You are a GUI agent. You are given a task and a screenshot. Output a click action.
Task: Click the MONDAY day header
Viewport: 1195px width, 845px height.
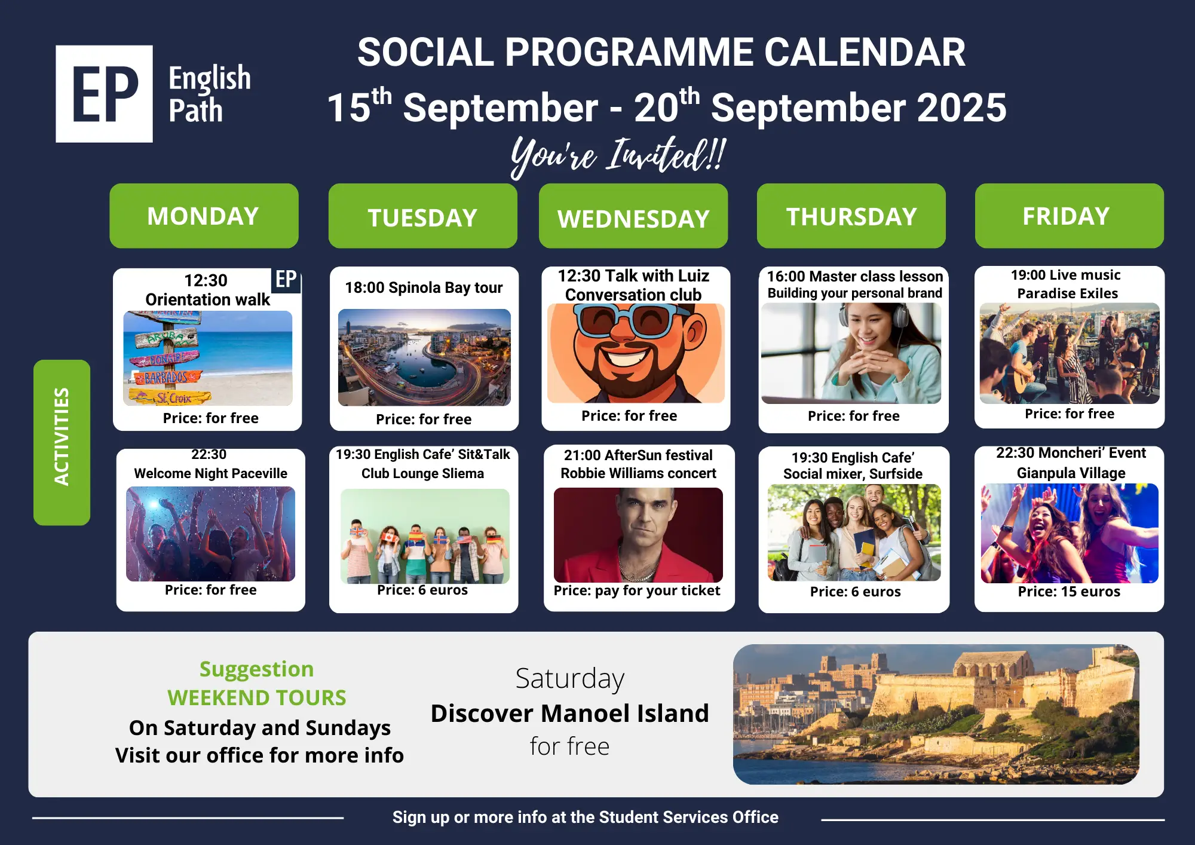[204, 216]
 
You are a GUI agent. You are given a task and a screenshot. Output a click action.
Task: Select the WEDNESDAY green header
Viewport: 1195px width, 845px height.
[633, 216]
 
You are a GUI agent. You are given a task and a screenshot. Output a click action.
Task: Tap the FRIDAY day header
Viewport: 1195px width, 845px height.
[1070, 216]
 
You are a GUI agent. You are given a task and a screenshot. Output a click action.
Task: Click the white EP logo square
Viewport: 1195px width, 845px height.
[105, 94]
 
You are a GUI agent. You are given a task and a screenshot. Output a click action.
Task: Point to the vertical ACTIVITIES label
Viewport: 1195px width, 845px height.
[62, 442]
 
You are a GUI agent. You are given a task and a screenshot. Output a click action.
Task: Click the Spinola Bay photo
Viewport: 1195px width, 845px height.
[424, 357]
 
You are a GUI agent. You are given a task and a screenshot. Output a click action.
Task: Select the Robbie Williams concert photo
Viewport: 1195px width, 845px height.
[638, 535]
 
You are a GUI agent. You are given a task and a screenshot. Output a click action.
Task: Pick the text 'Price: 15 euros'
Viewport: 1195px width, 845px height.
[1069, 592]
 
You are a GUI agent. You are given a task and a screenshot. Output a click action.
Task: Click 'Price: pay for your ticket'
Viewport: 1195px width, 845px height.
[637, 590]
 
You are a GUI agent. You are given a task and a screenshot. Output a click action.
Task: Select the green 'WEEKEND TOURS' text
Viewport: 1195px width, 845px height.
[257, 697]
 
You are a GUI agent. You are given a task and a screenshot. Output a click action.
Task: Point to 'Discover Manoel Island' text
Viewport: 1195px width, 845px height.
[569, 713]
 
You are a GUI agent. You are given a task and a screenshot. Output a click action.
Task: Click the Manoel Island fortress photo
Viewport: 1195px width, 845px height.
[936, 714]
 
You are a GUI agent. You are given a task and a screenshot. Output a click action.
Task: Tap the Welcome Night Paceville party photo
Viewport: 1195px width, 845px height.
[210, 534]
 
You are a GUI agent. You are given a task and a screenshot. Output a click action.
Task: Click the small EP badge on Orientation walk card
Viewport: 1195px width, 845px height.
[286, 280]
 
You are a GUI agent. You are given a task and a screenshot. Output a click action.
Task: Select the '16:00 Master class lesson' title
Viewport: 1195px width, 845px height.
[855, 276]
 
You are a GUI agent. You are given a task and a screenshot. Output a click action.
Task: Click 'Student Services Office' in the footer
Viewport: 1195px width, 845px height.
[688, 817]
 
